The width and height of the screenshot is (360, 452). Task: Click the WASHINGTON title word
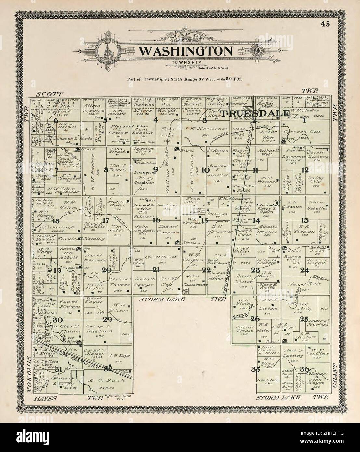186,51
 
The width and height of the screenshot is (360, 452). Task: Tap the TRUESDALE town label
255,113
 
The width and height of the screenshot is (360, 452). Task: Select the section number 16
156,220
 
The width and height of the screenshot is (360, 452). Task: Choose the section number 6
56,121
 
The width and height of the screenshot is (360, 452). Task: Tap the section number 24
304,270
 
